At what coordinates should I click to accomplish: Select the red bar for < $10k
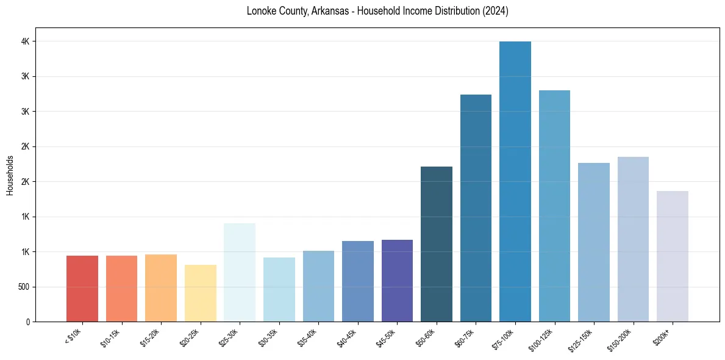[x=82, y=289]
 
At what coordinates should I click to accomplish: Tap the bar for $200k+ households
[x=673, y=256]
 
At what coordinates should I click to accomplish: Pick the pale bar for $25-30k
[x=240, y=272]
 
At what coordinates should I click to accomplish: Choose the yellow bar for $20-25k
[x=201, y=293]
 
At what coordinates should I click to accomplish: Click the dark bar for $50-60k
[x=437, y=244]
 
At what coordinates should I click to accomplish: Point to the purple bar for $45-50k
[x=397, y=281]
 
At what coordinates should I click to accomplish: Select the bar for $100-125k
[x=554, y=206]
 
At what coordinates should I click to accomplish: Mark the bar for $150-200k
[x=633, y=239]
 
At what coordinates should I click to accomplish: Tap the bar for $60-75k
[x=476, y=208]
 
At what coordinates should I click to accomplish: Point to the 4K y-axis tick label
[x=26, y=41]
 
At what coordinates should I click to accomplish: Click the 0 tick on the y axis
[x=29, y=322]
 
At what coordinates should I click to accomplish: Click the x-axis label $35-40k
[x=309, y=337]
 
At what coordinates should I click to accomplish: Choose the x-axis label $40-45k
[x=348, y=337]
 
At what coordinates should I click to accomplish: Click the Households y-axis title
[x=10, y=175]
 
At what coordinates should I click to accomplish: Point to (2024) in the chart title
[x=495, y=11]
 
